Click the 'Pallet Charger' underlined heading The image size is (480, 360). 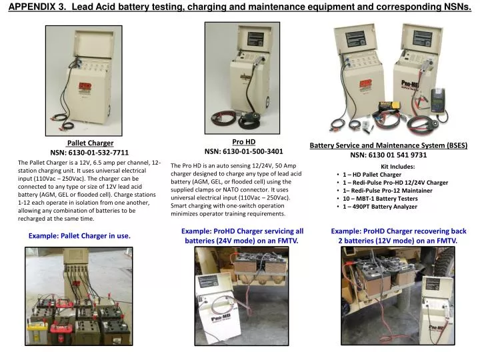(90, 143)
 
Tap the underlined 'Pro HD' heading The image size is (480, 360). (243, 141)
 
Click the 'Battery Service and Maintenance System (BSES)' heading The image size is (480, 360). (388, 145)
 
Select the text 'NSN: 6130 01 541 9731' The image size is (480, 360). (388, 155)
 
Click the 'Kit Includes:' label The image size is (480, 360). (397, 167)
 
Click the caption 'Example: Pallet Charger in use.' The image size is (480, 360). (79, 236)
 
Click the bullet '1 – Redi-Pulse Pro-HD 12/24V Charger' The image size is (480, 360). (395, 183)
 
